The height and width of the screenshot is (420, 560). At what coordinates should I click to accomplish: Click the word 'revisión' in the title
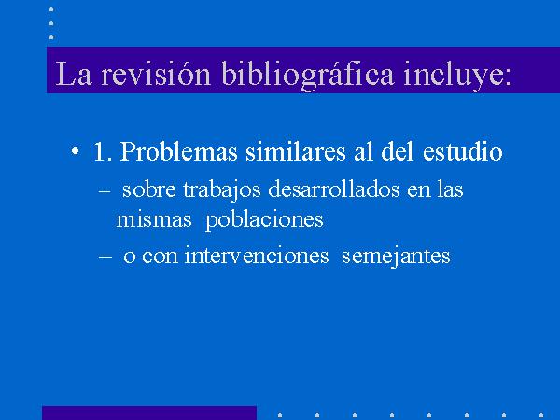[156, 73]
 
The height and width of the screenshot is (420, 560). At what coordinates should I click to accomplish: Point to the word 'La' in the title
[74, 74]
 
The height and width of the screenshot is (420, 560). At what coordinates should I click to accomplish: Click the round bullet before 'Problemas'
[75, 151]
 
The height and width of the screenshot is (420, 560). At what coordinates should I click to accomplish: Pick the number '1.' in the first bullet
[103, 151]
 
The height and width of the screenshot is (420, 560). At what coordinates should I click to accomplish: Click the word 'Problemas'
[178, 151]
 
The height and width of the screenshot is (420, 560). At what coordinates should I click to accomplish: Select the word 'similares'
[295, 151]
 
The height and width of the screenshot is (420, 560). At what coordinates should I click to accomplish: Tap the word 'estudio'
[463, 151]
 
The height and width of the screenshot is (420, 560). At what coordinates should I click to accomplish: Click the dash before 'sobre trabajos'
[104, 191]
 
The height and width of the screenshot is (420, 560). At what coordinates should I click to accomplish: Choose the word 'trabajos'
[222, 190]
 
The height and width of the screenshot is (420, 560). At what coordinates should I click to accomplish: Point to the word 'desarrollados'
[333, 189]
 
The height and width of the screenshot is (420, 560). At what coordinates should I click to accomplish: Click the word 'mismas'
[154, 219]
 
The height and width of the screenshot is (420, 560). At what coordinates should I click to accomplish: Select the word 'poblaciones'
[264, 220]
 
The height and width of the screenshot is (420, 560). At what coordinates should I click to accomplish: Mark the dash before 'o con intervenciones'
[105, 257]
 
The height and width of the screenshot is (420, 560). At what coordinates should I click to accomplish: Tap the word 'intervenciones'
[257, 256]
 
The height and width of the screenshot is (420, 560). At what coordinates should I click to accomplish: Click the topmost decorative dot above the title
[51, 9]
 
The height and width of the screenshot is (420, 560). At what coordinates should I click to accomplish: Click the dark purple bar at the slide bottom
[149, 413]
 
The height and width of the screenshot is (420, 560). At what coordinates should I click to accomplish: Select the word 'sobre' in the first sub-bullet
[149, 189]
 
